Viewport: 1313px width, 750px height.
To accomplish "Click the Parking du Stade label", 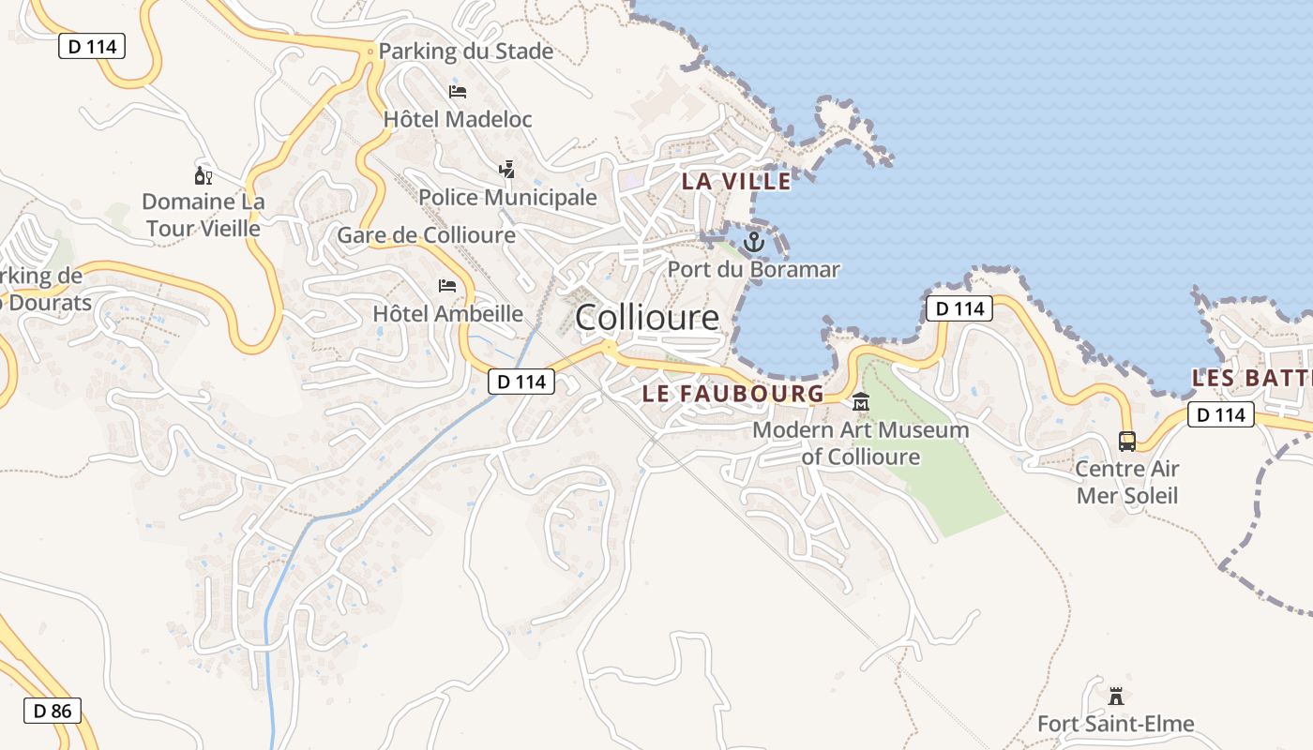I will pos(466,52).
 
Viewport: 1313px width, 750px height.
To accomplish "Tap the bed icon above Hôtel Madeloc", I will pos(458,91).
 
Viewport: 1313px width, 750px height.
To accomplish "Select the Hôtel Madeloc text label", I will pos(458,119).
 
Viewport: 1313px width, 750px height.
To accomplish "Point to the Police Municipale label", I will pos(507,197).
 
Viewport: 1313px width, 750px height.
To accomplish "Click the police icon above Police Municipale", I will pos(507,169).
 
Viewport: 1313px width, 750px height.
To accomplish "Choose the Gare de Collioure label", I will pos(427,235).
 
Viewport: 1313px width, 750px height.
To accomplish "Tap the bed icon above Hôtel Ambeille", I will pos(448,285).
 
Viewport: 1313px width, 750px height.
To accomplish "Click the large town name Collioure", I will pos(647,318).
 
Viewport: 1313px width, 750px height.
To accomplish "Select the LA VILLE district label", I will pos(736,181).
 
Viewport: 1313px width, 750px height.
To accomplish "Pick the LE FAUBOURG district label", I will pos(733,394).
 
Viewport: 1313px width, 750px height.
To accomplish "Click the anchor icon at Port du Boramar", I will pos(754,243).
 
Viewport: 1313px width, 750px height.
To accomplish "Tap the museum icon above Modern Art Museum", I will pos(860,402).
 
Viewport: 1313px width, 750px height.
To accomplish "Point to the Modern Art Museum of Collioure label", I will pos(861,443).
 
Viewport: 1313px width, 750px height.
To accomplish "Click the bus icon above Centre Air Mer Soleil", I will pos(1127,441).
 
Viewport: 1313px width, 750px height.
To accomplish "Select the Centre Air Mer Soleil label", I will pos(1127,482).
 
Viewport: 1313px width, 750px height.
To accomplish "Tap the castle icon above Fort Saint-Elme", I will pos(1116,697).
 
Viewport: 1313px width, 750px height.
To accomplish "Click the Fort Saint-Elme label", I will pos(1116,724).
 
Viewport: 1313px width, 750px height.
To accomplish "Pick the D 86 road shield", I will pos(53,711).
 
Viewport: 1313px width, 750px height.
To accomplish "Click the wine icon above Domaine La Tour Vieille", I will pos(204,174).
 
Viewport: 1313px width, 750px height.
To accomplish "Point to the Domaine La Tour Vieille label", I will pos(204,215).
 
